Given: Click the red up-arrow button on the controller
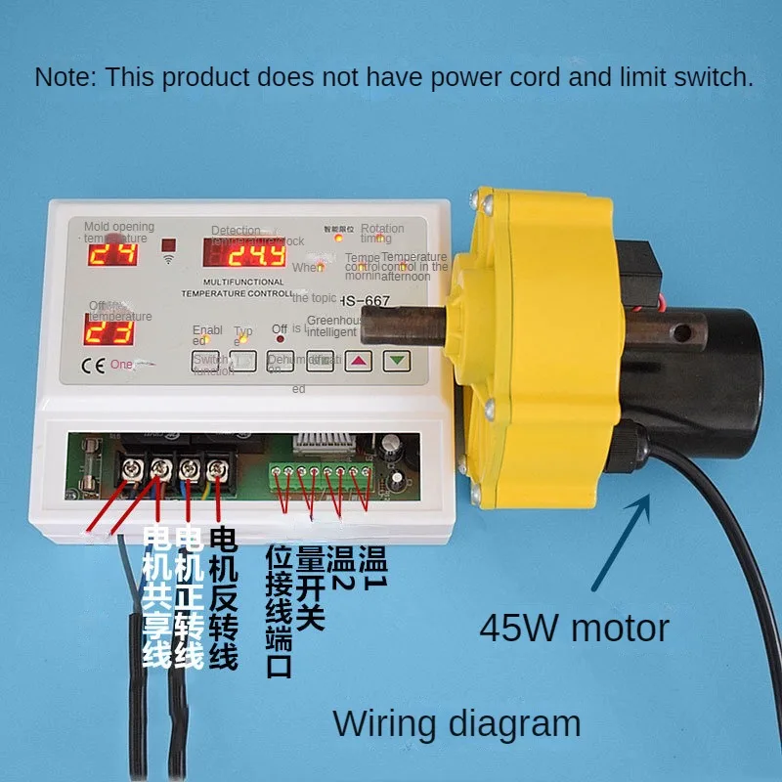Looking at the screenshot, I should coord(361,360).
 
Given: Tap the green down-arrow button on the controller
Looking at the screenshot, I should coord(396,360).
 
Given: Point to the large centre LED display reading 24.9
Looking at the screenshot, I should coord(244,256).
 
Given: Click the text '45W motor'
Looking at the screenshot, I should coord(574,628).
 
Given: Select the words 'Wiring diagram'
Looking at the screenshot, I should coord(456,724).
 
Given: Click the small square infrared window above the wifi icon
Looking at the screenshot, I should coord(169,245).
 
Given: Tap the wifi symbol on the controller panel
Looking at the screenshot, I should coord(168,263).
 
